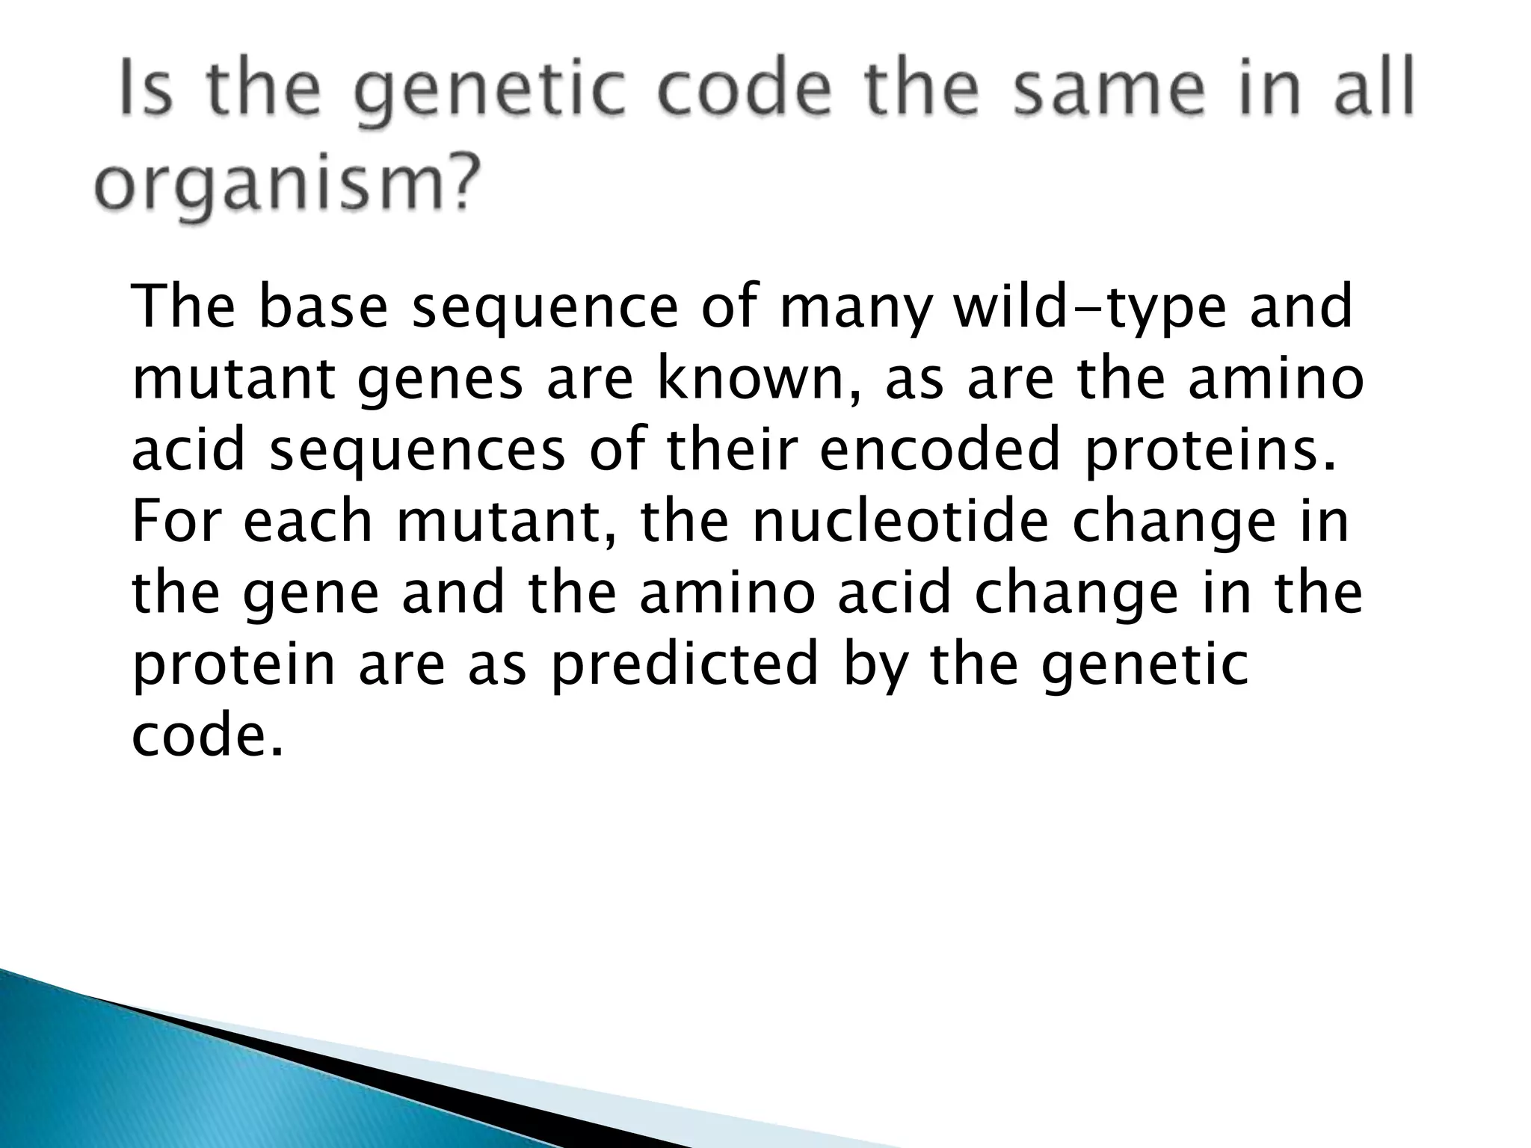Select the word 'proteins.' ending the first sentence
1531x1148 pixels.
(1210, 451)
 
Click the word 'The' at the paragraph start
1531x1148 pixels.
(182, 307)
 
